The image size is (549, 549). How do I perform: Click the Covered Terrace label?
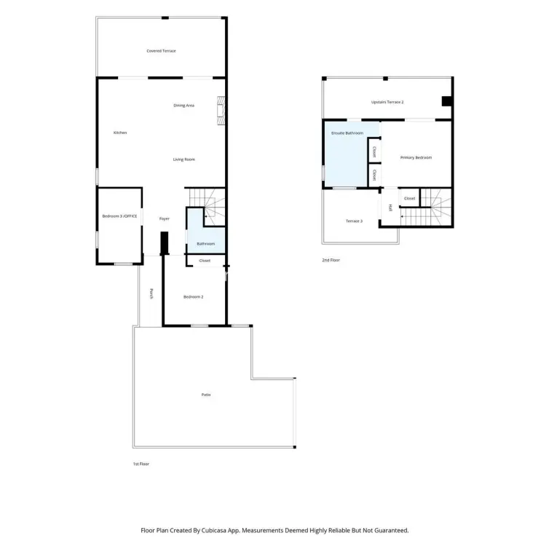[161, 51]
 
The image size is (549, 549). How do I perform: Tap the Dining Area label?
[183, 106]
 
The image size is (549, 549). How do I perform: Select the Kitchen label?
[120, 133]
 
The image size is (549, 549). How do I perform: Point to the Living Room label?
[183, 159]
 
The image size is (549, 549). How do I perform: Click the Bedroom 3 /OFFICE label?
[119, 216]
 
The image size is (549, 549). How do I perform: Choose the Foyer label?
[165, 219]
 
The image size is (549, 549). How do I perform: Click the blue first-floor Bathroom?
[207, 238]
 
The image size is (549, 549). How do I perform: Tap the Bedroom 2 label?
[193, 297]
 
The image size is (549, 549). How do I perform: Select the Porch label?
[151, 293]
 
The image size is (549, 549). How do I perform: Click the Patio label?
[206, 395]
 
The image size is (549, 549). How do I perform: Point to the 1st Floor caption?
[141, 464]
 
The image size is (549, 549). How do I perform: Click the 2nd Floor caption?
[331, 260]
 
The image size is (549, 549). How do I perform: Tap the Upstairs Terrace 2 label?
[387, 102]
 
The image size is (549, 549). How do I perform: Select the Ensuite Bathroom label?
[347, 133]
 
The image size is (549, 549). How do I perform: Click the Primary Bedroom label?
[416, 158]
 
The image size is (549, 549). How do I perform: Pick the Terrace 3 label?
[354, 221]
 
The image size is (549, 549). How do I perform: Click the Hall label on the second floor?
[390, 208]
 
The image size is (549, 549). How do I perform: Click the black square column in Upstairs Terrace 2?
[446, 101]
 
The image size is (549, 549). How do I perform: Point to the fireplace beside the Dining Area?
[221, 111]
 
